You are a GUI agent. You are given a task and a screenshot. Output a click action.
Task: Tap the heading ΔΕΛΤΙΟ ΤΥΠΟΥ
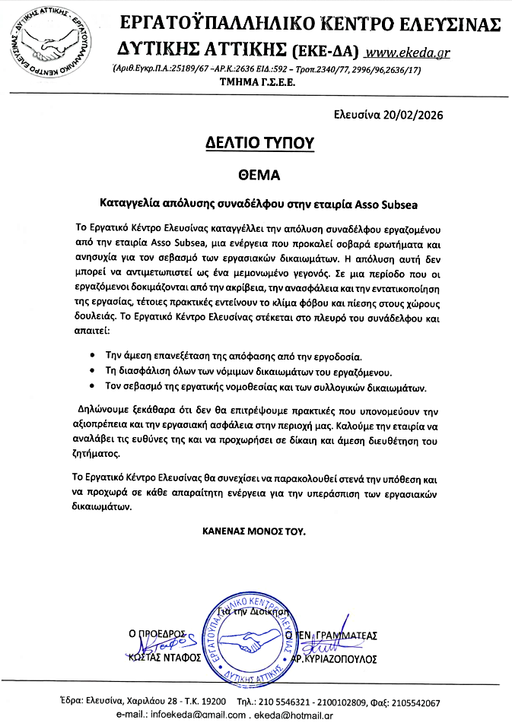tap(260, 142)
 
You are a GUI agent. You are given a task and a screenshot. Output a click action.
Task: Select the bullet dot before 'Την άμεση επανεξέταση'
tap(92, 356)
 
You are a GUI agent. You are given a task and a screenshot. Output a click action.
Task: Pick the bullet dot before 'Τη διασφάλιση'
tap(92, 371)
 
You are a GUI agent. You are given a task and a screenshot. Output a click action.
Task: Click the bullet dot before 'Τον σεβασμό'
tap(92, 386)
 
